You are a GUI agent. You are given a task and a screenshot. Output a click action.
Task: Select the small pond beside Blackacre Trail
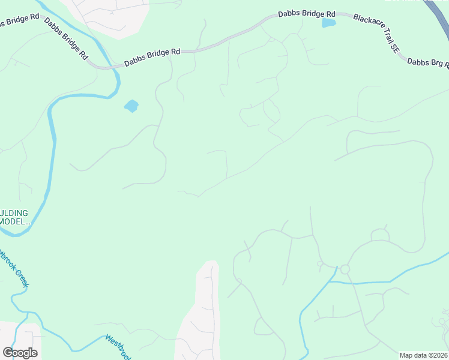click(x=328, y=23)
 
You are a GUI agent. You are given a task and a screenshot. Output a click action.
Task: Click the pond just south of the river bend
click(x=131, y=106)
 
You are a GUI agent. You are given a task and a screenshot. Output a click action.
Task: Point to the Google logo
click(x=20, y=352)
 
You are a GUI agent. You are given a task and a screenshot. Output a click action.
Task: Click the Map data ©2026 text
click(x=423, y=355)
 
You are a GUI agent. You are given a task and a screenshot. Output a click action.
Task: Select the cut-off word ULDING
click(x=14, y=213)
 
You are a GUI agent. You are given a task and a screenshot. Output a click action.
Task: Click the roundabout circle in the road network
click(x=345, y=269)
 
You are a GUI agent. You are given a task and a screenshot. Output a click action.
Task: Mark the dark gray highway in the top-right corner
click(x=436, y=11)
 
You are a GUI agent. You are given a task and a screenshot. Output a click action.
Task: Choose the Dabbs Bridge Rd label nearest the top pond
click(x=306, y=14)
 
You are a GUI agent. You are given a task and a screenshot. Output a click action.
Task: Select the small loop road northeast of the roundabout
click(x=379, y=235)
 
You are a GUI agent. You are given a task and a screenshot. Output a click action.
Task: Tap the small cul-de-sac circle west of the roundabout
click(x=320, y=263)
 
